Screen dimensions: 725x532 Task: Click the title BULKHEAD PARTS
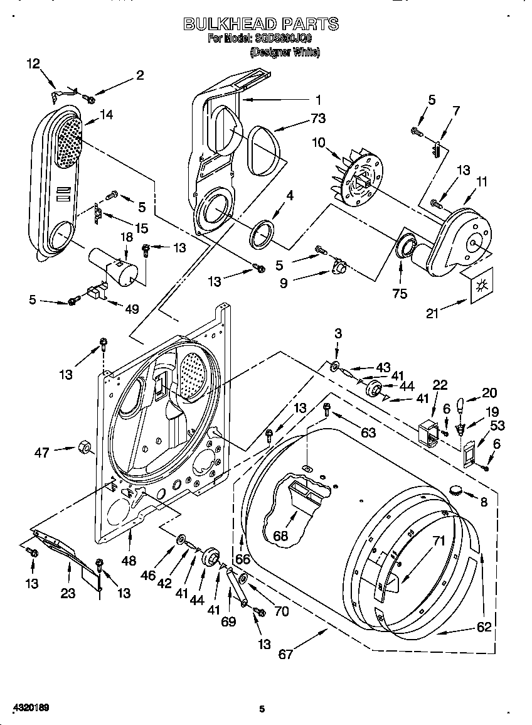pyautogui.click(x=261, y=24)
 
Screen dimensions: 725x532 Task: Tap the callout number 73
pyautogui.click(x=318, y=118)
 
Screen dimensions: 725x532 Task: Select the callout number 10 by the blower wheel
pyautogui.click(x=319, y=142)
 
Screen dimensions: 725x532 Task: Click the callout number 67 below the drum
pyautogui.click(x=286, y=655)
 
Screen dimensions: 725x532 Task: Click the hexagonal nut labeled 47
pyautogui.click(x=82, y=448)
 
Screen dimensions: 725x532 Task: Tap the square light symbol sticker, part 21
pyautogui.click(x=482, y=283)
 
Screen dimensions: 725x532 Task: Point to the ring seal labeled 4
pyautogui.click(x=263, y=232)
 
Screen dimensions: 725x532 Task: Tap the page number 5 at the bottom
pyautogui.click(x=262, y=710)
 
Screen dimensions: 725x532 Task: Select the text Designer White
pyautogui.click(x=285, y=53)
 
